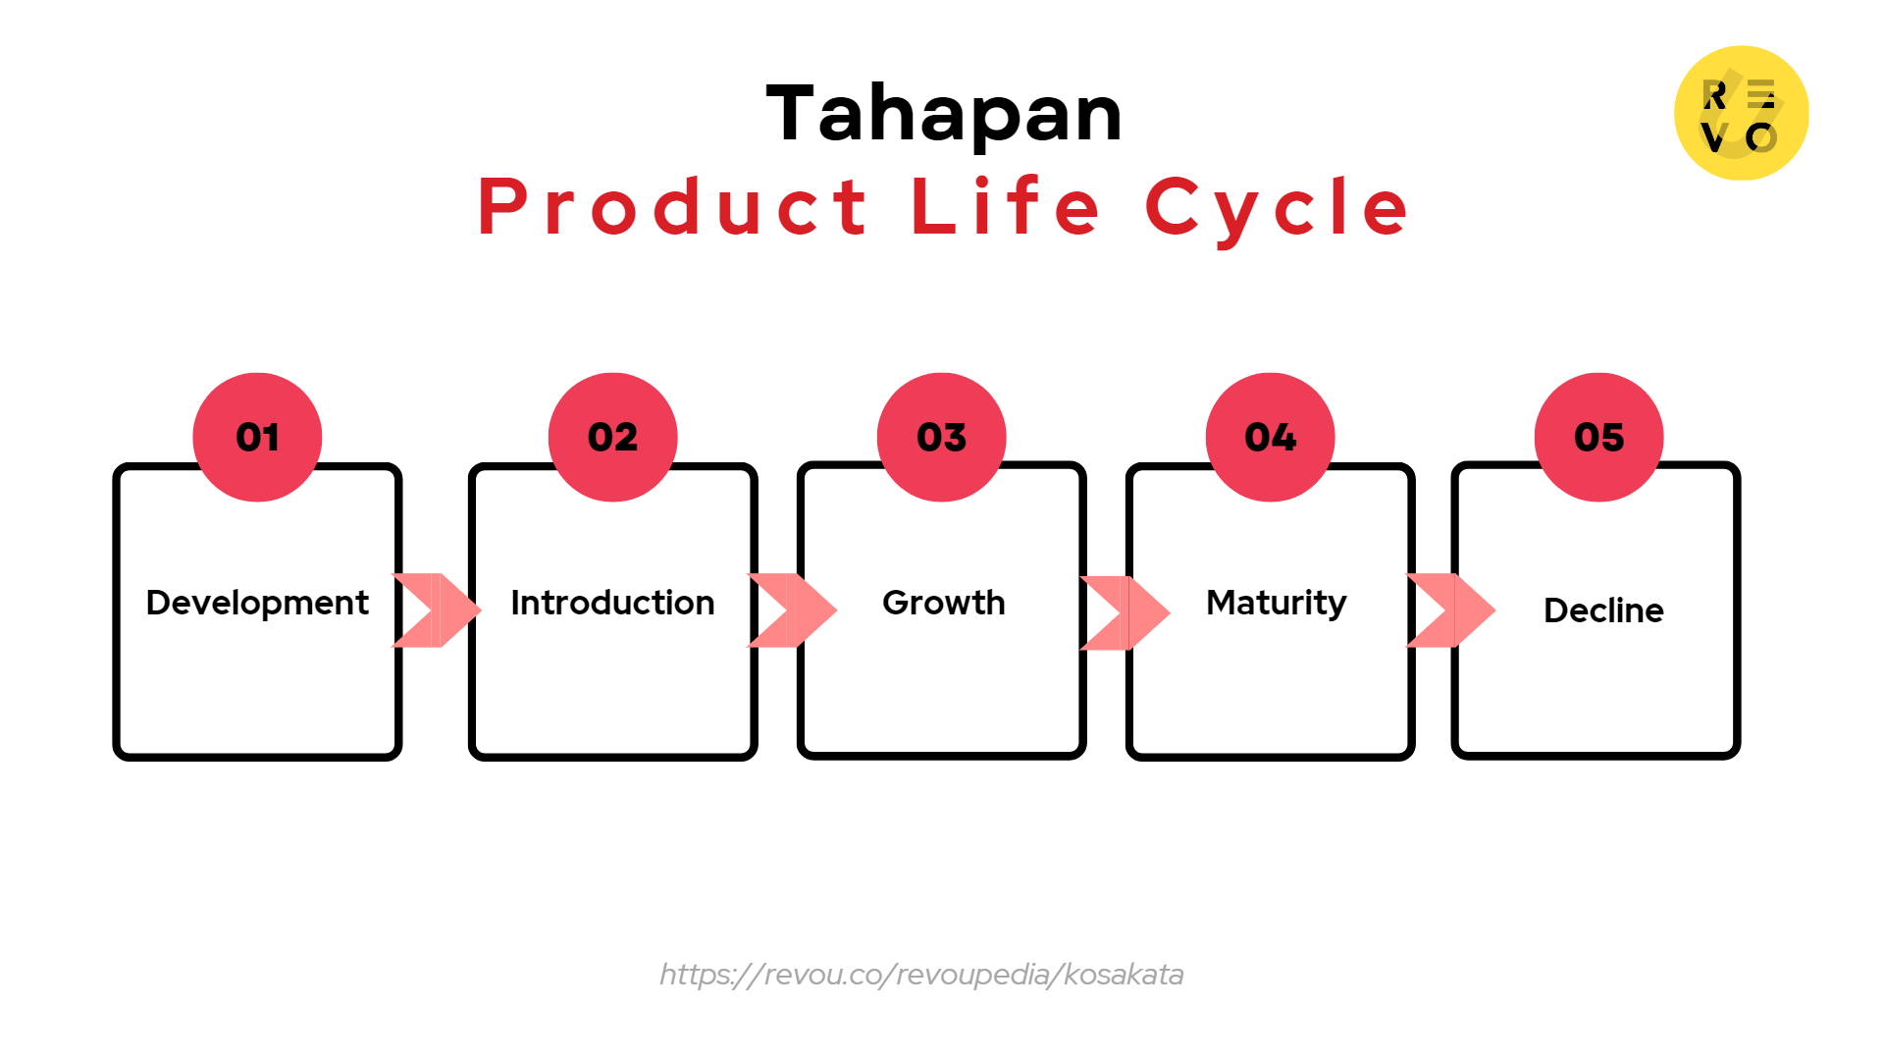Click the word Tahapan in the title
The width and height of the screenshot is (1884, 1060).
point(944,114)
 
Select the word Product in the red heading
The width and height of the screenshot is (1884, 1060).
point(673,207)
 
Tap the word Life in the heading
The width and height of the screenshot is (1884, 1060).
point(1007,207)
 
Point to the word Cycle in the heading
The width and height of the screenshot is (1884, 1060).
point(1278,207)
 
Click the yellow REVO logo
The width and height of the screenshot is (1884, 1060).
point(1741,113)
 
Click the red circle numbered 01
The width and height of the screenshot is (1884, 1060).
point(257,437)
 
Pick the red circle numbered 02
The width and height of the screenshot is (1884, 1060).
point(612,437)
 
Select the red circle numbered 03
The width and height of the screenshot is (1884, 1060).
point(941,437)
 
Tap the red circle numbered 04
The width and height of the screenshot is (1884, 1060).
point(1270,437)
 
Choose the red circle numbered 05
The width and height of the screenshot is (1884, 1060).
point(1598,437)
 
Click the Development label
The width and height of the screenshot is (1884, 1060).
point(257,603)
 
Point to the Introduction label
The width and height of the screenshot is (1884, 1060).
point(612,603)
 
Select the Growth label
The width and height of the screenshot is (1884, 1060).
point(943,603)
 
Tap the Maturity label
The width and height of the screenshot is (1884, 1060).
point(1276,603)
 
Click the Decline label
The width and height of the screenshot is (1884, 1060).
point(1603,610)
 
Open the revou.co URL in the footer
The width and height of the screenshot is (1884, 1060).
point(921,975)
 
